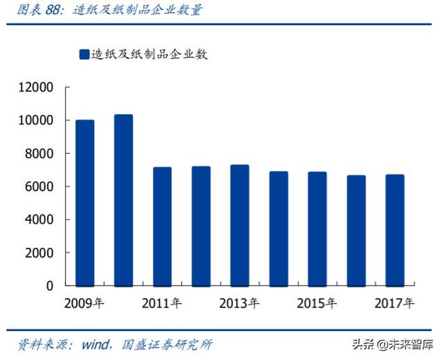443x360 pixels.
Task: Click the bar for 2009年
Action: [84, 202]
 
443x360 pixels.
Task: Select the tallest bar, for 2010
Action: [123, 199]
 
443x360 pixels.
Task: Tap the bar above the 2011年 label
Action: [162, 226]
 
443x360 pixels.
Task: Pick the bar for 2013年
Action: [239, 225]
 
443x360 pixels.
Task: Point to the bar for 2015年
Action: [317, 228]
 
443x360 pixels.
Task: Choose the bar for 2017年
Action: [395, 230]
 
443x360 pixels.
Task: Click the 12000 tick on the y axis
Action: [37, 88]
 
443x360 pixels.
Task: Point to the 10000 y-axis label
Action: [37, 120]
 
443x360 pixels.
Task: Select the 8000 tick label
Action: [40, 154]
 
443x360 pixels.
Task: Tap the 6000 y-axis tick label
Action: [40, 187]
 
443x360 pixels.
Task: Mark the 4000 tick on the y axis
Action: [40, 219]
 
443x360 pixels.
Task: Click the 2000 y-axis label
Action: [40, 253]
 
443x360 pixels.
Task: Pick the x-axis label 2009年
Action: [84, 303]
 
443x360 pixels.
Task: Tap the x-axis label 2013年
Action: [239, 303]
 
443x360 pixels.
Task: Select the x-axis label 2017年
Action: [395, 303]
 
